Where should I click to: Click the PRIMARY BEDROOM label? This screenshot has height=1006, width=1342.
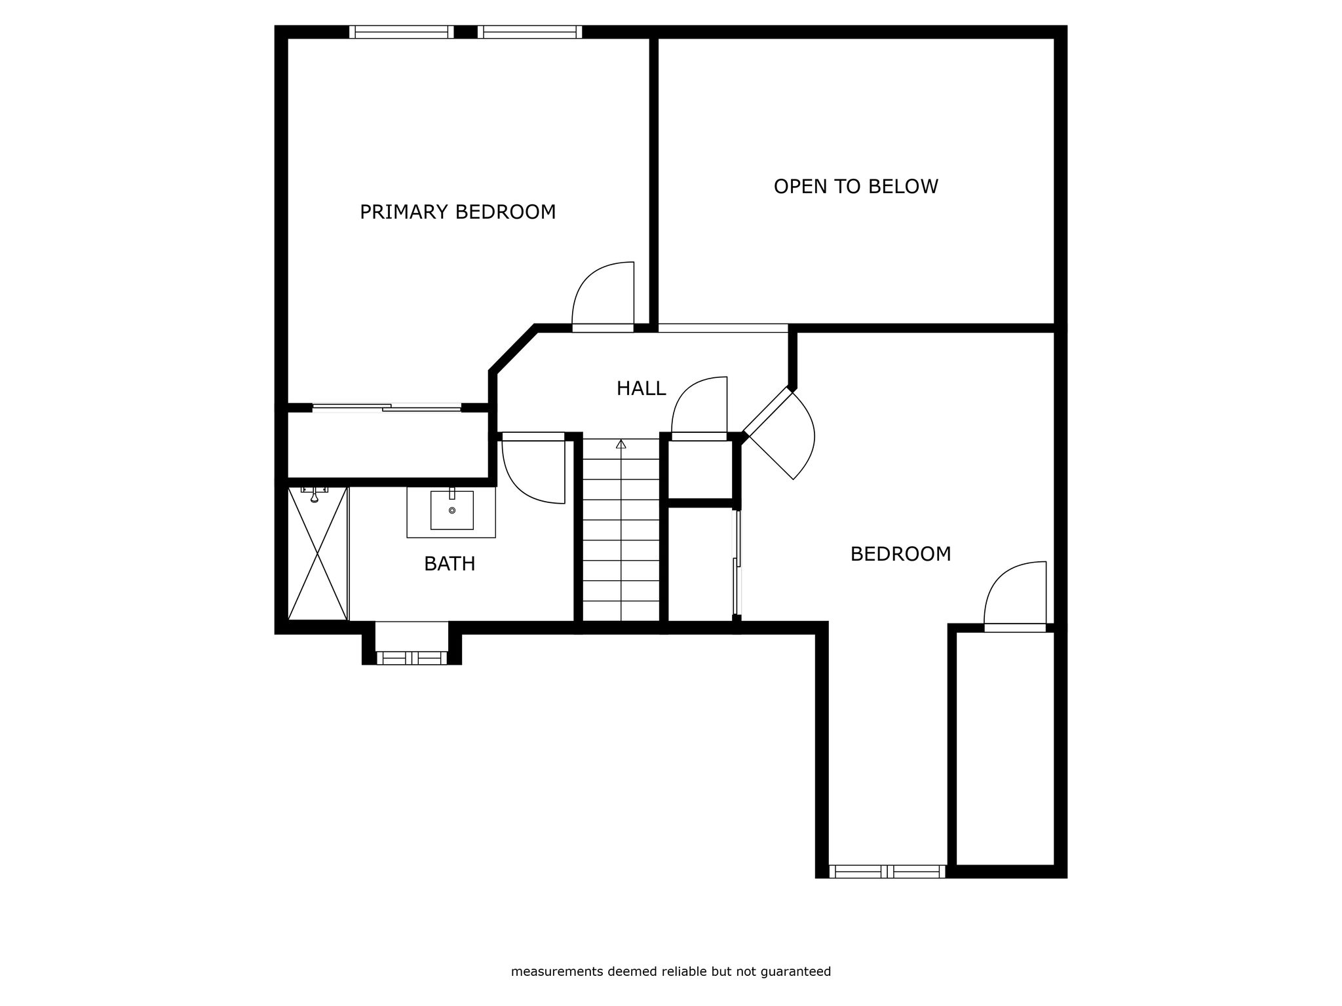point(457,212)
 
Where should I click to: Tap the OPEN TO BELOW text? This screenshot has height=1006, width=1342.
point(856,187)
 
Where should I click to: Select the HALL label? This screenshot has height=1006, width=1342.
point(641,388)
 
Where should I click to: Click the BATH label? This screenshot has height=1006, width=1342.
point(450,564)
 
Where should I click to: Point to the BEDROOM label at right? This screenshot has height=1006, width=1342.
point(900,554)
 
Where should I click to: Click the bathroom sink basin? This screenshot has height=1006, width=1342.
point(451,510)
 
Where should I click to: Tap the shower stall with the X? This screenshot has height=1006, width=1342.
point(318,553)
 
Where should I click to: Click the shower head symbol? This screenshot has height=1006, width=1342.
point(315,494)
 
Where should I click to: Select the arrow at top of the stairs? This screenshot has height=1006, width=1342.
point(621,445)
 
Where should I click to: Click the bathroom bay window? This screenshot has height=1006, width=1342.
point(412,658)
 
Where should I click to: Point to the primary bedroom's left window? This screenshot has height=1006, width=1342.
point(401,32)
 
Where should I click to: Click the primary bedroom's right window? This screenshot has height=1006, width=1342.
point(529,32)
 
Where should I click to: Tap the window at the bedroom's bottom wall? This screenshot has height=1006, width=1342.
point(887,871)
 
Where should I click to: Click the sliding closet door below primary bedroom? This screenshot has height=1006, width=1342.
point(387,407)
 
